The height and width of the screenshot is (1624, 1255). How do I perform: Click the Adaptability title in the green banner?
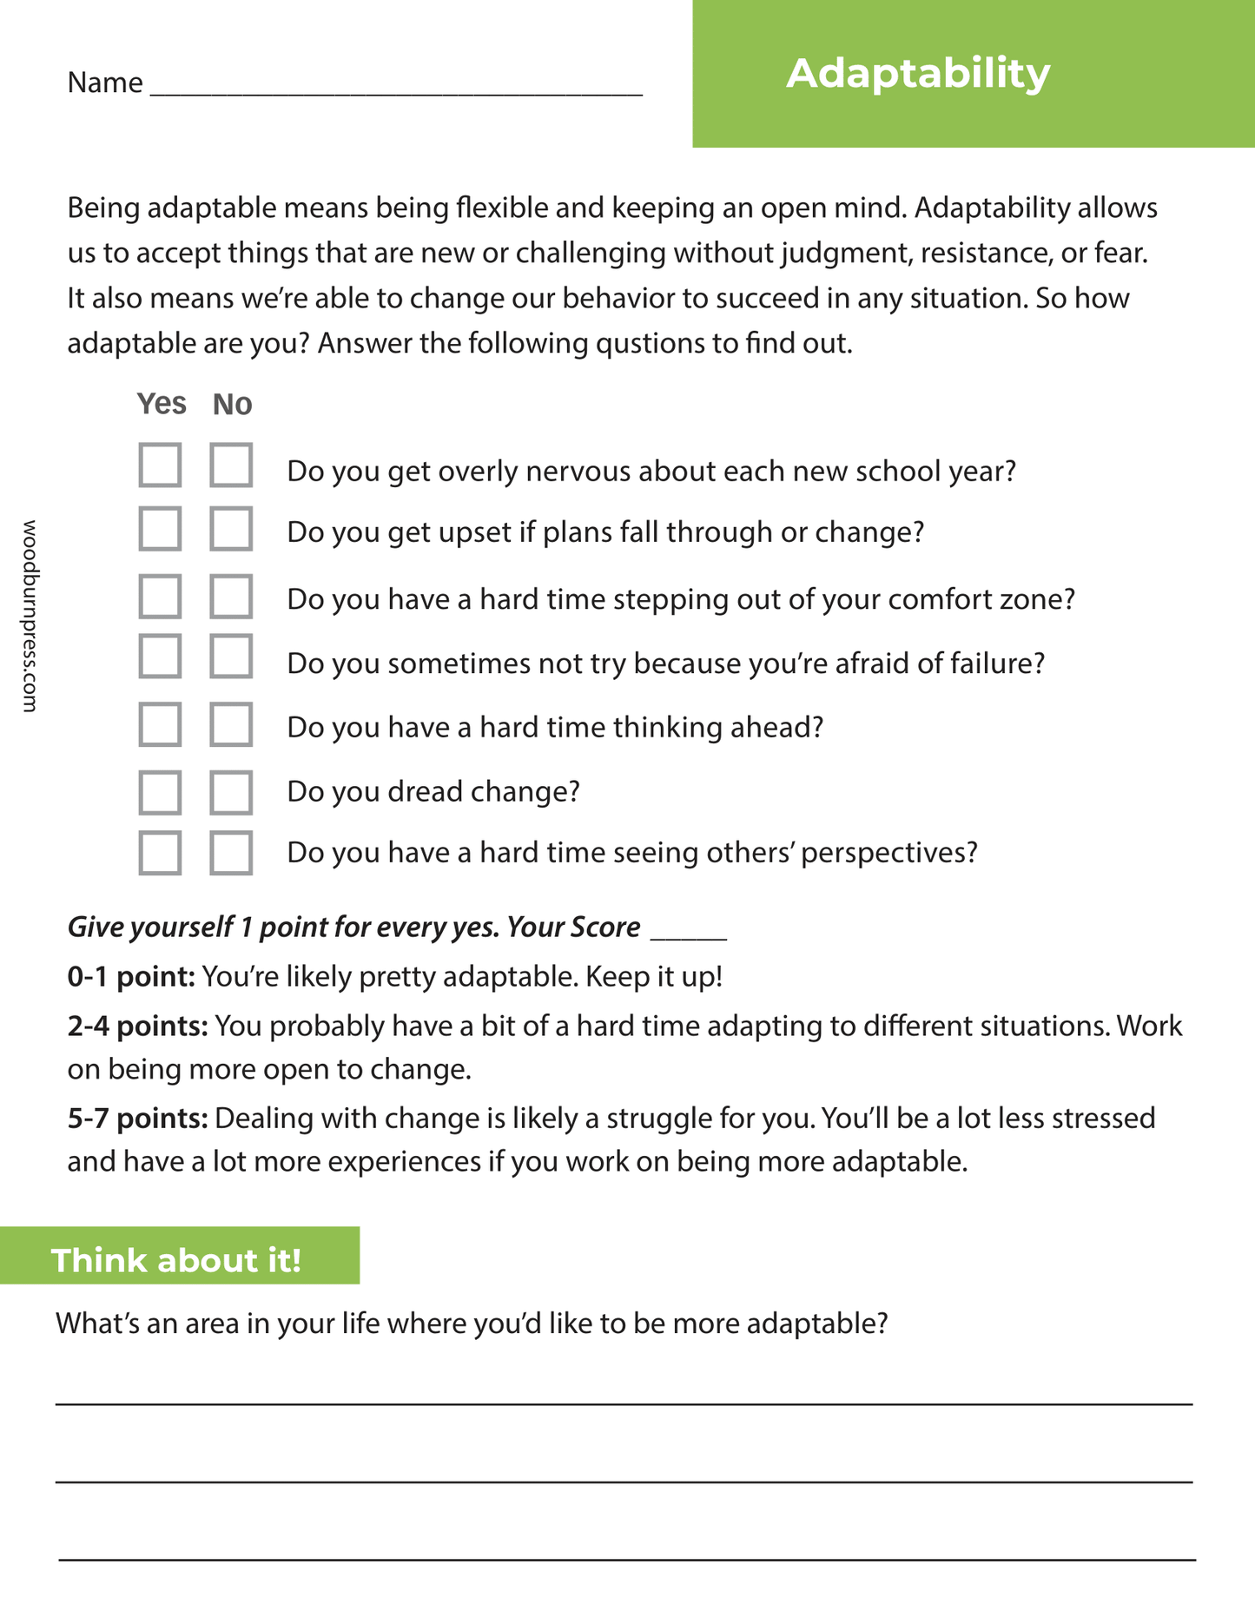pyautogui.click(x=917, y=73)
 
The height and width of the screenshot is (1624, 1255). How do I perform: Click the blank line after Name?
pyautogui.click(x=396, y=87)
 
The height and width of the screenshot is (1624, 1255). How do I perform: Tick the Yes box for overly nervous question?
pyautogui.click(x=160, y=465)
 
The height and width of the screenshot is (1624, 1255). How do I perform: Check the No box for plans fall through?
pyautogui.click(x=231, y=529)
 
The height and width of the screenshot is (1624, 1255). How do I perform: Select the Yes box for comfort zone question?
pyautogui.click(x=160, y=596)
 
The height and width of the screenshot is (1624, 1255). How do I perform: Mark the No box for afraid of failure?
pyautogui.click(x=231, y=657)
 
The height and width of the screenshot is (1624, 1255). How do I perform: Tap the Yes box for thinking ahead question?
pyautogui.click(x=160, y=724)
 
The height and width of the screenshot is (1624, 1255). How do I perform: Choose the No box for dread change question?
pyautogui.click(x=231, y=792)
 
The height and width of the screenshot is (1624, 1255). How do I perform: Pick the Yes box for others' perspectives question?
pyautogui.click(x=160, y=853)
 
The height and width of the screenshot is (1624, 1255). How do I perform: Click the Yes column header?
pyautogui.click(x=162, y=404)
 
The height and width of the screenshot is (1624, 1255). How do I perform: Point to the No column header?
pyautogui.click(x=232, y=405)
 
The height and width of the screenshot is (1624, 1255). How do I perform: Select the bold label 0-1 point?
pyautogui.click(x=131, y=977)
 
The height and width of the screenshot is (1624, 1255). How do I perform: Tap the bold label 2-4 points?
pyautogui.click(x=137, y=1027)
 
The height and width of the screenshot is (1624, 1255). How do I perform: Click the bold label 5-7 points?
pyautogui.click(x=137, y=1119)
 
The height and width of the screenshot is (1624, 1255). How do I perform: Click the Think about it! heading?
pyautogui.click(x=176, y=1260)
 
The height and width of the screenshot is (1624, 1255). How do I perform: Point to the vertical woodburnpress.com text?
pyautogui.click(x=30, y=616)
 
